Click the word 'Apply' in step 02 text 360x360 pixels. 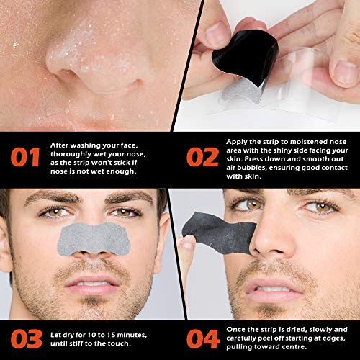[238, 143]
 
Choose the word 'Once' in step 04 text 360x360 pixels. [238, 325]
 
